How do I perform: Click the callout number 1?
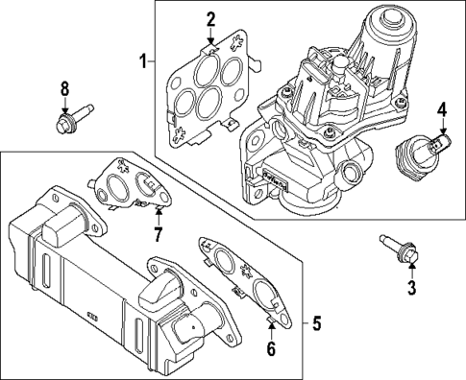tap(141, 62)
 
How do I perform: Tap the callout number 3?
tap(411, 287)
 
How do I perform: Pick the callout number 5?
tap(316, 323)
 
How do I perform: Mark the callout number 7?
tap(158, 236)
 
